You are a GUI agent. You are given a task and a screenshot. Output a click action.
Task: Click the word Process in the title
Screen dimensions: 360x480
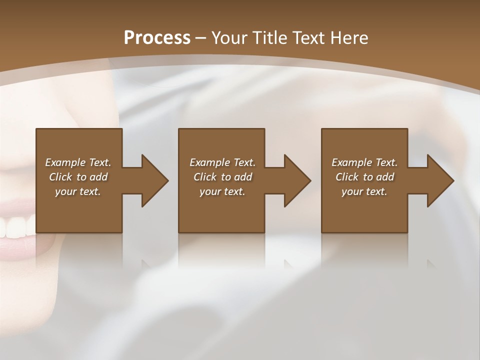point(157,38)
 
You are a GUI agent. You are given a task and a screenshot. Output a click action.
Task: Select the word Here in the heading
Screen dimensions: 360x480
point(350,38)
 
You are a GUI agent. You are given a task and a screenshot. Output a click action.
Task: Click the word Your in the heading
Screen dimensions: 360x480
point(231,38)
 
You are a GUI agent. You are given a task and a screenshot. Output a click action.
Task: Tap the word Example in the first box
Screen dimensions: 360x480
point(65,162)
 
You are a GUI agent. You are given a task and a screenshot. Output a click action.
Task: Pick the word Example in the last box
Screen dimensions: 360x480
point(352,162)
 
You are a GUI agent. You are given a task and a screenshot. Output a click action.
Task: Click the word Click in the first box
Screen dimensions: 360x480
point(60,177)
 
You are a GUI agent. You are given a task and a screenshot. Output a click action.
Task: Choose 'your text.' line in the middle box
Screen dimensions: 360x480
point(222,191)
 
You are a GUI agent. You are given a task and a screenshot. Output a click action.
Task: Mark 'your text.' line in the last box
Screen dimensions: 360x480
point(364,191)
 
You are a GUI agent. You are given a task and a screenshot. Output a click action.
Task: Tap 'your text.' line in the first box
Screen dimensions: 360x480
point(77,191)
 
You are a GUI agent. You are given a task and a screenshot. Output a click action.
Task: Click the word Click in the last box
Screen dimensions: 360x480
point(347,177)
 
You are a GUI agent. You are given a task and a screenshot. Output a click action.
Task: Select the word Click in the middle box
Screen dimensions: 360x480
point(205,177)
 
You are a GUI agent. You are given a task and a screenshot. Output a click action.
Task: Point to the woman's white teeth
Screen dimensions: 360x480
point(15,228)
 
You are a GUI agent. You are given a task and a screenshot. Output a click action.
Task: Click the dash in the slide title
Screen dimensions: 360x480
point(201,38)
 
